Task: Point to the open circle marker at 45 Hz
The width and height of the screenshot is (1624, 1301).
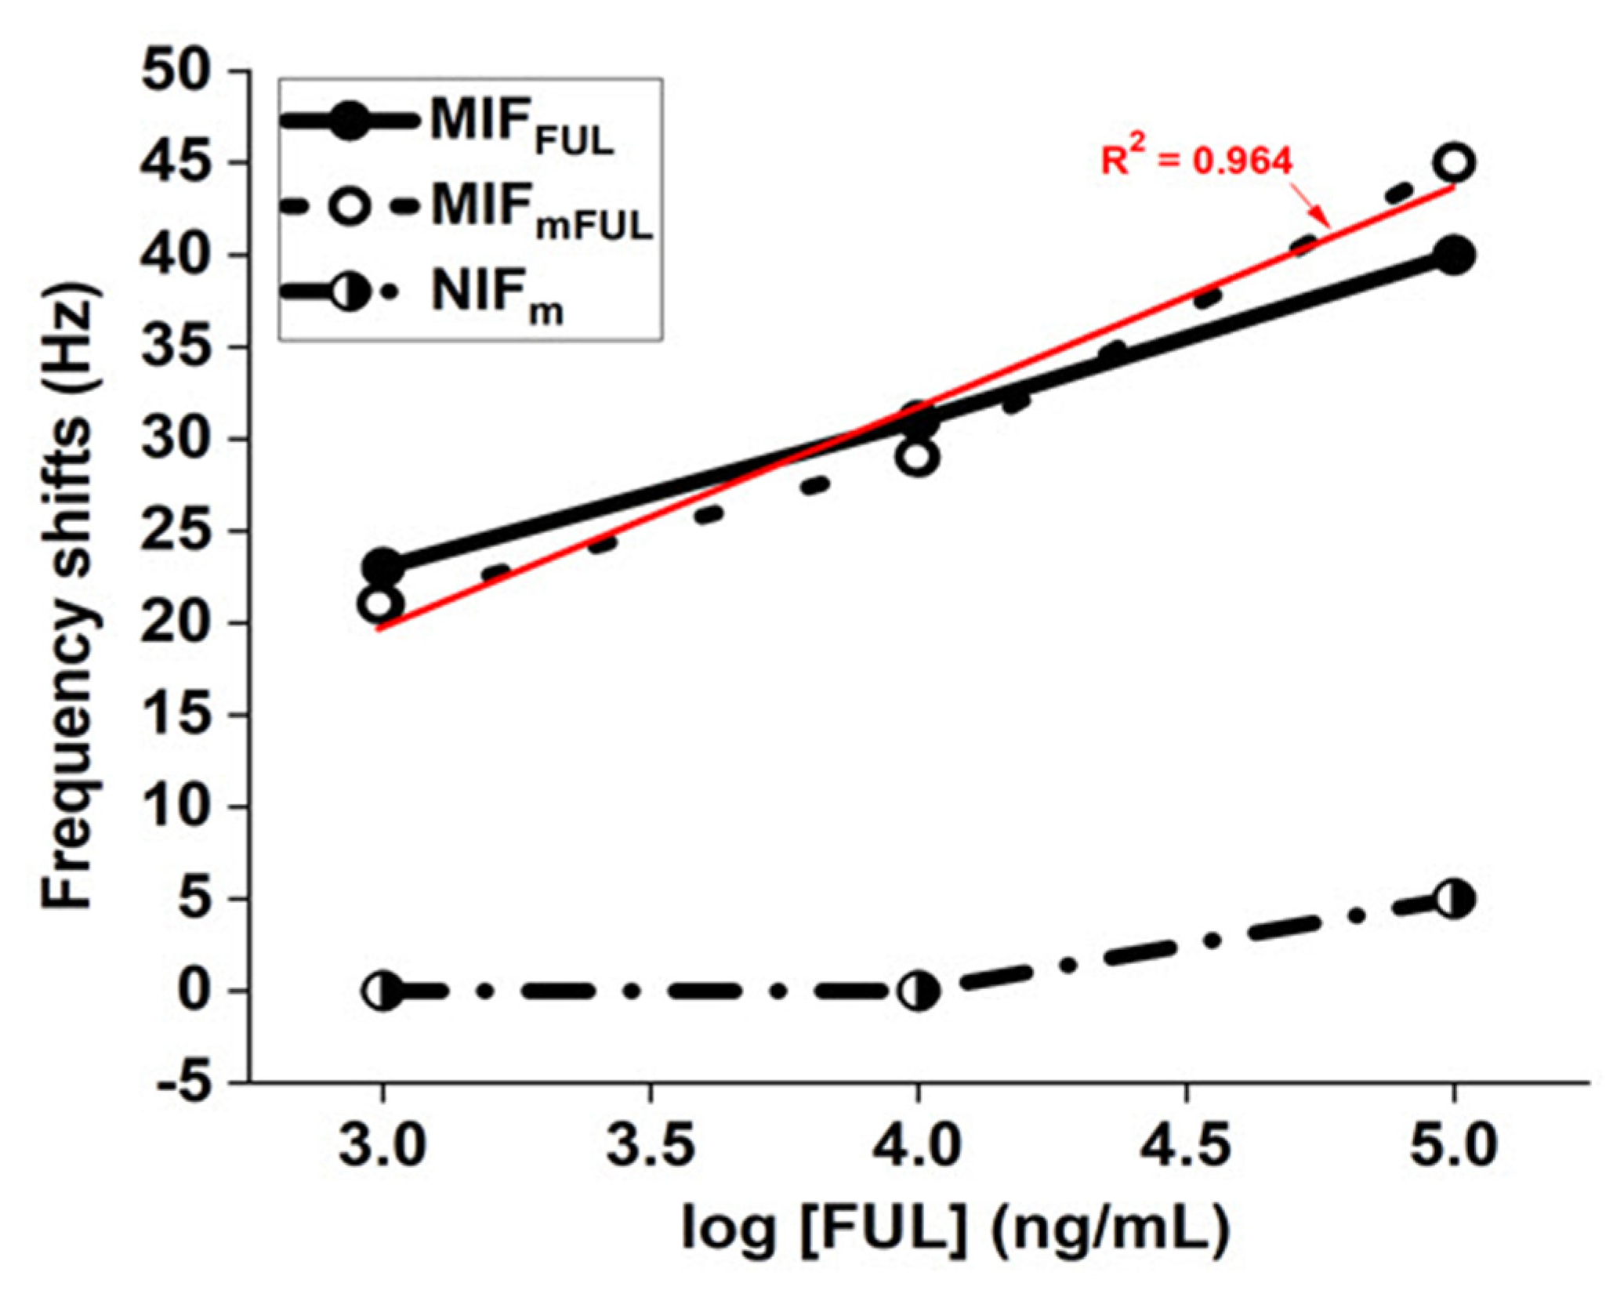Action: click(1453, 163)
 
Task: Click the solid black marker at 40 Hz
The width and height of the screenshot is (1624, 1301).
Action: click(1453, 255)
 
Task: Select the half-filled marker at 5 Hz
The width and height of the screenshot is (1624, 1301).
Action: click(1453, 899)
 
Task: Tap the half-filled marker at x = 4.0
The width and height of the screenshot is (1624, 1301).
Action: click(918, 991)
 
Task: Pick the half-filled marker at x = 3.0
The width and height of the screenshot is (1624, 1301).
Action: click(382, 991)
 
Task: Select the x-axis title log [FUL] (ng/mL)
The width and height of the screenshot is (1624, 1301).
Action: click(954, 1229)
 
